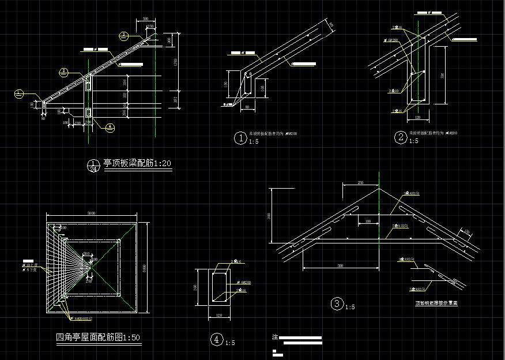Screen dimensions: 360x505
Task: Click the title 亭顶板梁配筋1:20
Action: click(x=137, y=164)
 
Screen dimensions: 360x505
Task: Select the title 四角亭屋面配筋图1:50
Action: click(x=98, y=337)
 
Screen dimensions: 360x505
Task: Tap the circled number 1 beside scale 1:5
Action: click(x=240, y=138)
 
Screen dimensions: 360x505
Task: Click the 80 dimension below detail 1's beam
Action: click(x=248, y=107)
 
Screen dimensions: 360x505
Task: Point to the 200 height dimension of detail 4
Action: click(x=195, y=287)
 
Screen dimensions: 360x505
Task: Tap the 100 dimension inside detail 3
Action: click(x=367, y=221)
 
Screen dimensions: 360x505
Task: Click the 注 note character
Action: click(x=275, y=336)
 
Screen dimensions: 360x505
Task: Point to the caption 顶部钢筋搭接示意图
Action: click(x=436, y=302)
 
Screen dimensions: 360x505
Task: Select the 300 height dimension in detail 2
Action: click(x=442, y=75)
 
